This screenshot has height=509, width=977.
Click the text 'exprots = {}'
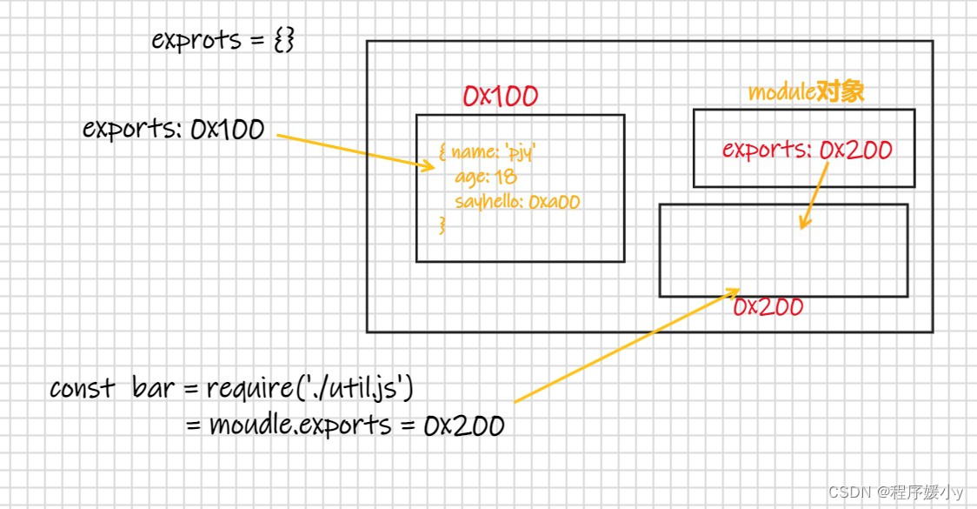click(223, 41)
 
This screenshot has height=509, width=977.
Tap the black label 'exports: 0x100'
click(174, 129)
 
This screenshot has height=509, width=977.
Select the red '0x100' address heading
click(501, 96)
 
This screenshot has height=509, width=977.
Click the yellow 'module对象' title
click(806, 91)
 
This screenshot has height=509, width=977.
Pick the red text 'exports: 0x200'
click(807, 150)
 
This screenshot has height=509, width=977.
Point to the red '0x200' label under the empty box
click(768, 307)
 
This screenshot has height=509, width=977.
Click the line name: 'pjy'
click(488, 151)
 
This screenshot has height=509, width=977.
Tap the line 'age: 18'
click(486, 177)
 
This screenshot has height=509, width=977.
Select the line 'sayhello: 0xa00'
click(517, 202)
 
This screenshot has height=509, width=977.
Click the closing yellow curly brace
click(442, 224)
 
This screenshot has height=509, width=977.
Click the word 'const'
click(83, 389)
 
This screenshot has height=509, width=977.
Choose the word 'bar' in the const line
click(153, 388)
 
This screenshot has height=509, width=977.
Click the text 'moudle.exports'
click(301, 425)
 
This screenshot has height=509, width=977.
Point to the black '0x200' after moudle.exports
click(464, 426)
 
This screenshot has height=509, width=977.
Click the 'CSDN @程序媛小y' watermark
click(895, 492)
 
